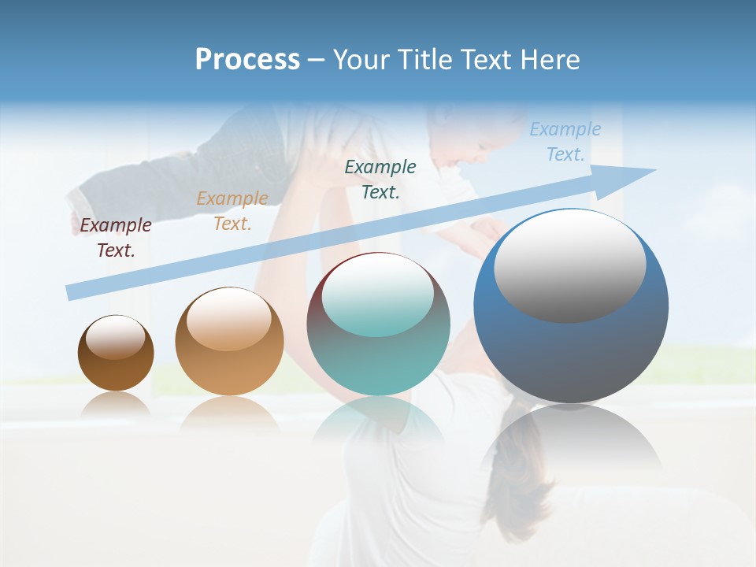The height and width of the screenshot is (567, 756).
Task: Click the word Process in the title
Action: [247, 60]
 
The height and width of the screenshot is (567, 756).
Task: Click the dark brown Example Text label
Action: [115, 238]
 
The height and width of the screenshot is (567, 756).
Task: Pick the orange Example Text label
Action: [232, 211]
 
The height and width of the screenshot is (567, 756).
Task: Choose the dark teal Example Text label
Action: [380, 179]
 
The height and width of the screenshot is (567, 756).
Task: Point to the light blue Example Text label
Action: [565, 142]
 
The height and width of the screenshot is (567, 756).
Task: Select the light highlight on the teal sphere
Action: [377, 294]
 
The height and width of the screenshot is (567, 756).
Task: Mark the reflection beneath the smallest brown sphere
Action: [116, 406]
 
